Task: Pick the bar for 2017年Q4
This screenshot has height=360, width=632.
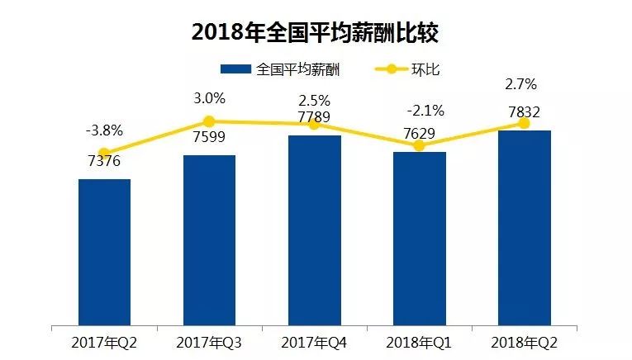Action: click(314, 229)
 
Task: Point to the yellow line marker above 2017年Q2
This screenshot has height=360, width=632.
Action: click(104, 153)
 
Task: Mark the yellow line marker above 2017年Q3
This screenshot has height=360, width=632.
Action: click(209, 121)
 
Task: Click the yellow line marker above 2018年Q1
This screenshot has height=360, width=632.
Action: click(419, 145)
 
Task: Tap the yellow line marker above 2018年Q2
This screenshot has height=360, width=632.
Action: click(524, 123)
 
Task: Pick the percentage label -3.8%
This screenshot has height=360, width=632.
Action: click(104, 130)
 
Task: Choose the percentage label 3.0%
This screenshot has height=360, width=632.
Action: click(209, 98)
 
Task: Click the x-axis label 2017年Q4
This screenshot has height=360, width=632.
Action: click(314, 342)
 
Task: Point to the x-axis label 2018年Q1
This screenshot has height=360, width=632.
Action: click(419, 342)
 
